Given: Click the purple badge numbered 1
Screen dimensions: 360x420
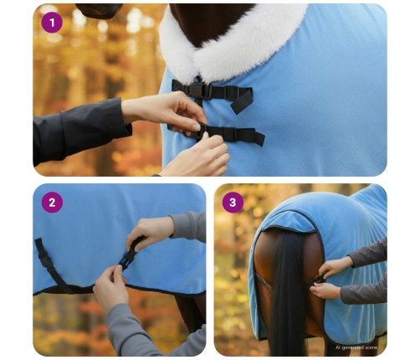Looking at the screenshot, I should tap(52, 22).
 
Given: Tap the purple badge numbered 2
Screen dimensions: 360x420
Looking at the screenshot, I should tap(52, 202).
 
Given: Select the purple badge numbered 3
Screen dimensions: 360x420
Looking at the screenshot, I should tap(233, 202).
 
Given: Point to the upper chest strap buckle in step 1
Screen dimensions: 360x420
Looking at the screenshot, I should tap(199, 89).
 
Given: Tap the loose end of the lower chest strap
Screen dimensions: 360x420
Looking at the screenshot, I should tap(251, 136).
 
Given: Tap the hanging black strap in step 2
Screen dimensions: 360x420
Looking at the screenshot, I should tap(50, 264).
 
